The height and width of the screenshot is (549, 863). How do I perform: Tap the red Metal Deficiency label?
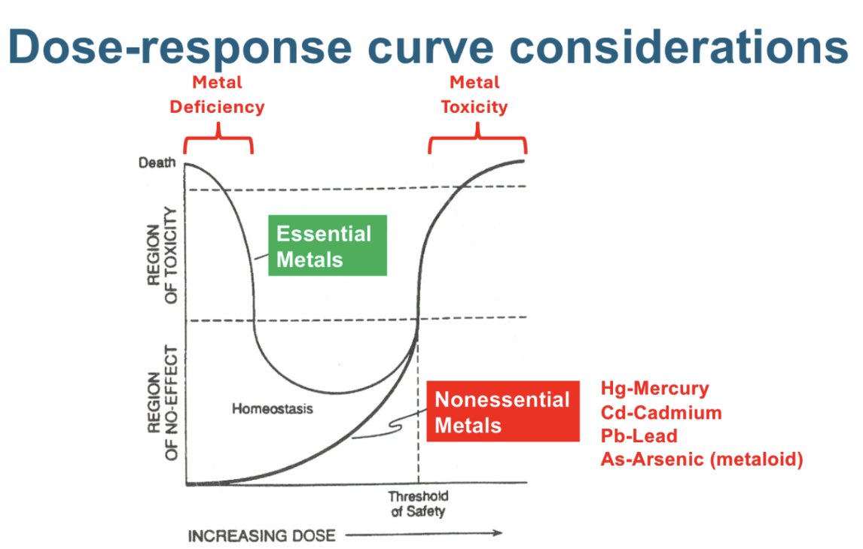coord(217,95)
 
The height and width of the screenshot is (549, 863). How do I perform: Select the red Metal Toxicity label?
coord(474,95)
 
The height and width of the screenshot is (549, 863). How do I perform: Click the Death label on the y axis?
coord(157,162)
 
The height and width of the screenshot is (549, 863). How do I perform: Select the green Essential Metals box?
coord(328,245)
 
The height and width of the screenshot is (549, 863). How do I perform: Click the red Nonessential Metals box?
coord(503,411)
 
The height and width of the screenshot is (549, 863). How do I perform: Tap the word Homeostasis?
coord(273,409)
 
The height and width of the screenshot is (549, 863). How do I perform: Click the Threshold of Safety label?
coord(418,504)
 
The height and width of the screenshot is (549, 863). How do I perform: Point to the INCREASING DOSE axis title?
coord(261,535)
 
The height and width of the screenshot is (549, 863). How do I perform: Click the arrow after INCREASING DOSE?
coord(424,533)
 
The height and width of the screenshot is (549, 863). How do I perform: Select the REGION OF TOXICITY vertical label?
coord(163,255)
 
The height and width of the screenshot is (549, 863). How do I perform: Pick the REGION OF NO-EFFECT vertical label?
coord(163,403)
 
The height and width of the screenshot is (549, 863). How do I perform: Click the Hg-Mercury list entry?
coord(655,389)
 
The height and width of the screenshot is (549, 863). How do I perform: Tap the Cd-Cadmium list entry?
coord(661,413)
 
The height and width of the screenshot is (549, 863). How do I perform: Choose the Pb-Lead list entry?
coord(639,435)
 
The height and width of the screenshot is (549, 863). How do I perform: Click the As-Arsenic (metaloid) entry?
coord(702,459)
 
